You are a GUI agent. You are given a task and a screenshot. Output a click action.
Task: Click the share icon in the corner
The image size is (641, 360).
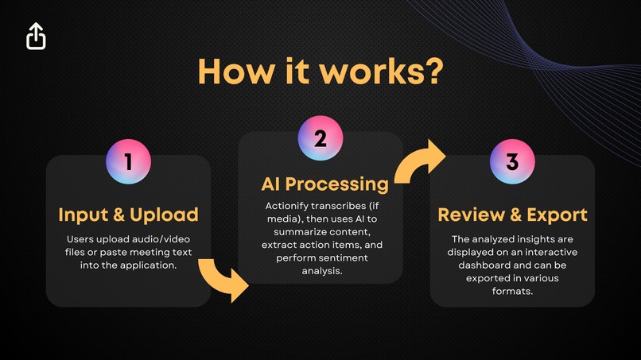click(37, 36)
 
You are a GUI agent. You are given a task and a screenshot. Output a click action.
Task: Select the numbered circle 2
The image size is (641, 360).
click(320, 137)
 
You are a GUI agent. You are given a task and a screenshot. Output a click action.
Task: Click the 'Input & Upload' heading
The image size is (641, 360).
click(128, 215)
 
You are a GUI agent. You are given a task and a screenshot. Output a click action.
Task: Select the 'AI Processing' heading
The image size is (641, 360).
click(325, 184)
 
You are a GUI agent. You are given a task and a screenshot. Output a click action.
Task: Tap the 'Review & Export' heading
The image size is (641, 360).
click(512, 215)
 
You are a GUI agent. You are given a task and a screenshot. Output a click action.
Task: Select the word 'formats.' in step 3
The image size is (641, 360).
click(512, 291)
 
